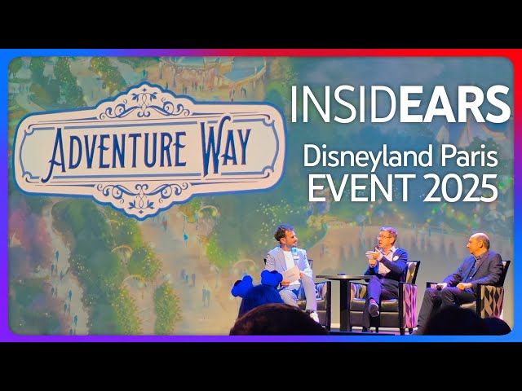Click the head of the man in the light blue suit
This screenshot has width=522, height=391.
point(284,237)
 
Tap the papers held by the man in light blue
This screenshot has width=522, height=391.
point(289,275)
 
